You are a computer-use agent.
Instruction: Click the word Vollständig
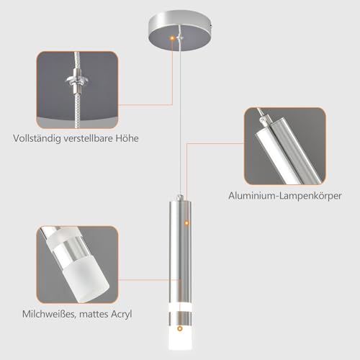point(37,138)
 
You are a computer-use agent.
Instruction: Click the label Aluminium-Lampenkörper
point(285,196)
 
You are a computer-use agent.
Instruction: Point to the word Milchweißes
point(50,314)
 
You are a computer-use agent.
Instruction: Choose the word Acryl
point(122,314)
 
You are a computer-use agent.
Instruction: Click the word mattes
point(94,314)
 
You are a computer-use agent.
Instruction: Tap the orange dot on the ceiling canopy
point(172,37)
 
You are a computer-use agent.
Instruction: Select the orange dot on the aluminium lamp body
point(186,223)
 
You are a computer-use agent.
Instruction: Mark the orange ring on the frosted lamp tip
point(180,328)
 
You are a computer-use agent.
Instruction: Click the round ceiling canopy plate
point(180,30)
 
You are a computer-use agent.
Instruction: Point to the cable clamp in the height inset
point(77,81)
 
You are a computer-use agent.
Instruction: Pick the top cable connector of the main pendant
point(180,197)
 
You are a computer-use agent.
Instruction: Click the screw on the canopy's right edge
point(210,24)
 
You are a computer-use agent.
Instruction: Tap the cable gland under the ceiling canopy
point(179,37)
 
